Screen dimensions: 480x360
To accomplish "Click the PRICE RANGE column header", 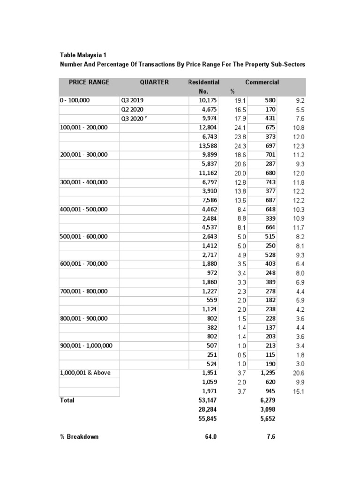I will tap(89, 82).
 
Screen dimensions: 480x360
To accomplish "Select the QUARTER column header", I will tap(154, 82).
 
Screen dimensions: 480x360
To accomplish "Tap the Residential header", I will tap(203, 82).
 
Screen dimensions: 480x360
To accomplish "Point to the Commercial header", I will tap(262, 82).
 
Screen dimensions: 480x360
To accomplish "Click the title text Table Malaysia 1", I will tap(83, 55).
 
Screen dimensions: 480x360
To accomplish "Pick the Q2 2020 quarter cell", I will tap(132, 109).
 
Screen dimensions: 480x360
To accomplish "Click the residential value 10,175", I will tap(208, 100).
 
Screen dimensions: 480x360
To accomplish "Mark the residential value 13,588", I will tap(208, 146).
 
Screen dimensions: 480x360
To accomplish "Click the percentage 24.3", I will tap(240, 146).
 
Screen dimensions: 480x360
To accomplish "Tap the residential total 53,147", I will tap(208, 400).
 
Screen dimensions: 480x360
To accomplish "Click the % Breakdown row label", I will tap(79, 436).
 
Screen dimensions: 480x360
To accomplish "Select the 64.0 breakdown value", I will tap(210, 436).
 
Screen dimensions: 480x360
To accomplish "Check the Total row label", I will tap(67, 400).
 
